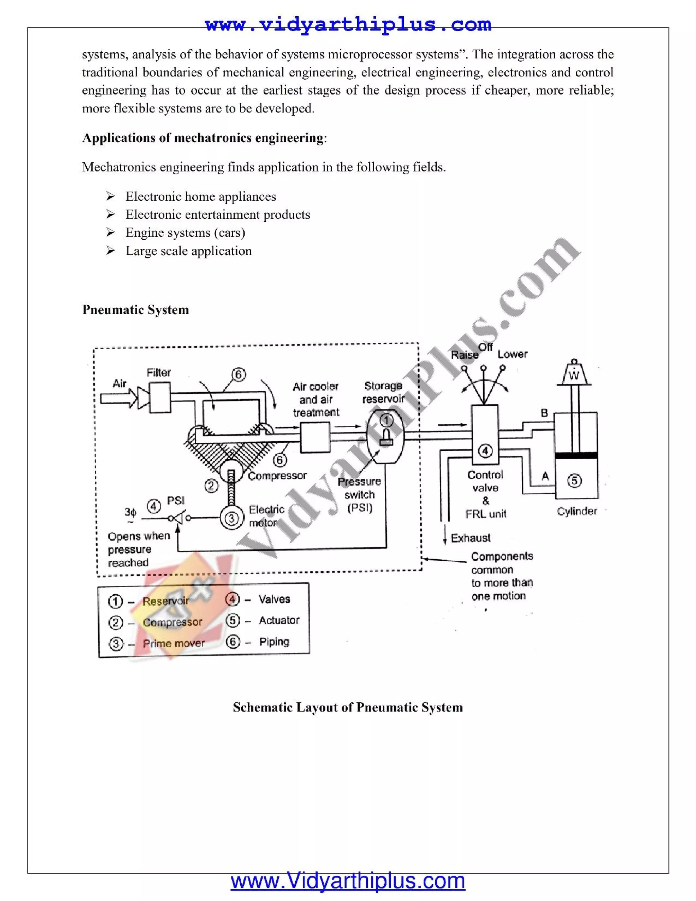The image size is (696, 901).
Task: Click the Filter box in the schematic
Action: (160, 397)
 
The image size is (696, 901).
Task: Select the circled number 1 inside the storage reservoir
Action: (386, 420)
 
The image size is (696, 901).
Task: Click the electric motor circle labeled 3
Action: (232, 518)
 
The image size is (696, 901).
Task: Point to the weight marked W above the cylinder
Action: (574, 375)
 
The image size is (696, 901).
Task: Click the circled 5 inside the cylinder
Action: (574, 481)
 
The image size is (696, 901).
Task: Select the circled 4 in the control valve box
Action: (485, 451)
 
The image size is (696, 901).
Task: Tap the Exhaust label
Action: (470, 538)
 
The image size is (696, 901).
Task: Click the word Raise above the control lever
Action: (465, 355)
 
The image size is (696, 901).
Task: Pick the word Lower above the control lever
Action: (512, 354)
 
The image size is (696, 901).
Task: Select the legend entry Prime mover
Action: (174, 643)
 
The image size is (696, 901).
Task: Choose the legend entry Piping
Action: (274, 642)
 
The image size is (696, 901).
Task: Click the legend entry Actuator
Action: (279, 620)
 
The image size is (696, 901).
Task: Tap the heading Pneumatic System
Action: (136, 309)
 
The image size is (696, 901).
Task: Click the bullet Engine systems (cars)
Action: (185, 233)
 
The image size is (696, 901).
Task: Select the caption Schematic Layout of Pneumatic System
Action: (348, 707)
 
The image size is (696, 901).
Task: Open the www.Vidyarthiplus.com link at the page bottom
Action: (348, 882)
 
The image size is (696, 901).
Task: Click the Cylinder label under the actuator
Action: (577, 511)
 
